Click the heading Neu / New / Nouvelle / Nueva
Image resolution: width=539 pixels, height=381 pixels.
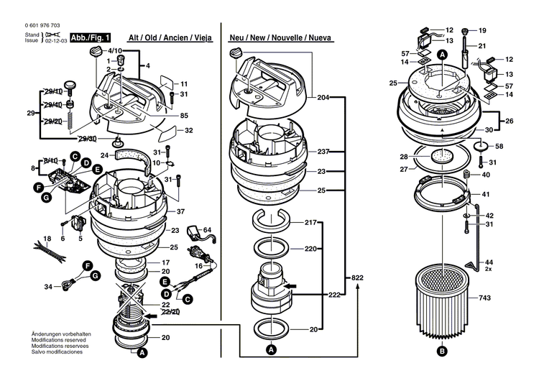point(280,37)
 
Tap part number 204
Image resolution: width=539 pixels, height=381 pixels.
point(323,97)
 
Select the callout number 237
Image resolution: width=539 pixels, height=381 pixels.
point(323,152)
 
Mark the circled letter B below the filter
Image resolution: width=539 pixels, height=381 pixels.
point(441,351)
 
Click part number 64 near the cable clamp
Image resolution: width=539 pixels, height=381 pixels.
point(207,229)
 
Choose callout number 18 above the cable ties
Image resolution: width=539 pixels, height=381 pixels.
point(47,239)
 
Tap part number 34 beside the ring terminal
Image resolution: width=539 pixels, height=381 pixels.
point(48,287)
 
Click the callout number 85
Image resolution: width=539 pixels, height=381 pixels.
point(184,116)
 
